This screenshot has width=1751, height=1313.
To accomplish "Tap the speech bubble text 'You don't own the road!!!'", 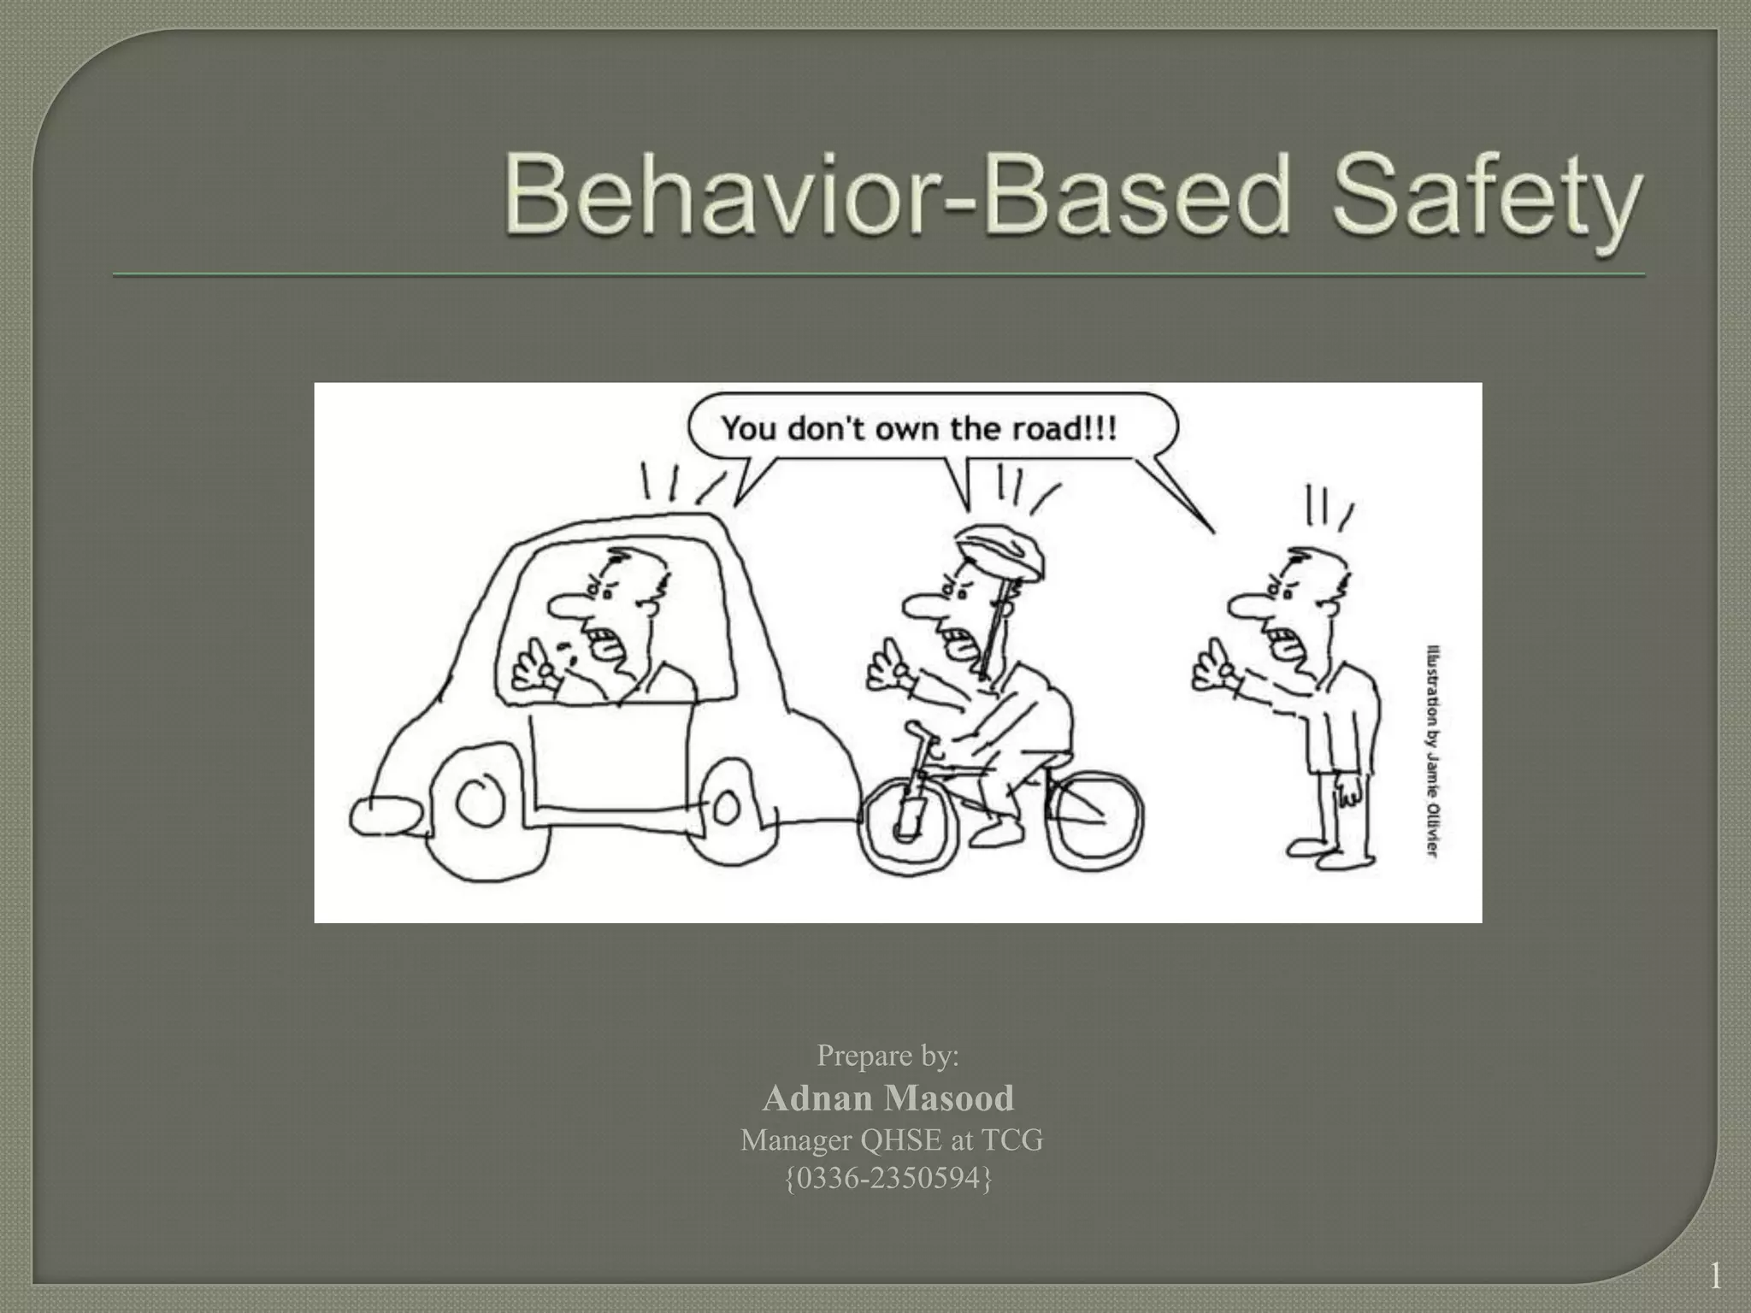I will (919, 427).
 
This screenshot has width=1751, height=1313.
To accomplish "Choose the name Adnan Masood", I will (888, 1098).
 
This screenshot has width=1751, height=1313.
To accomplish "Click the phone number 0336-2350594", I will (888, 1179).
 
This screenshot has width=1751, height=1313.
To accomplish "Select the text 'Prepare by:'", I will (888, 1056).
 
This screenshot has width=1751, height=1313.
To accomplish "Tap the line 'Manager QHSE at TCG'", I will (891, 1140).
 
